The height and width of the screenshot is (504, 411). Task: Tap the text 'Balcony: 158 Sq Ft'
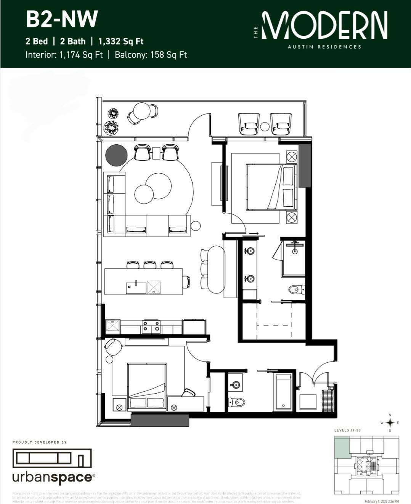[x=151, y=55]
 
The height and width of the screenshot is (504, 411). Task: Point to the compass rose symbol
[x=390, y=423]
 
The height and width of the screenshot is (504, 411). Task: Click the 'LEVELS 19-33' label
[x=347, y=430]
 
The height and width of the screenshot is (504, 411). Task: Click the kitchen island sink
[x=136, y=288]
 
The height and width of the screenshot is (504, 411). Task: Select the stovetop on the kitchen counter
[x=151, y=327]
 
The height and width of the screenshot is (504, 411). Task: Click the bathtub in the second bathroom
[x=283, y=392]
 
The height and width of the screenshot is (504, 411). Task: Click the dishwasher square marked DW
[x=154, y=287]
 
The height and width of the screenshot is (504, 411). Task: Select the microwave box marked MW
[x=113, y=327]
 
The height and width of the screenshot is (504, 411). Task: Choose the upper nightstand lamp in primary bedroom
[x=292, y=156]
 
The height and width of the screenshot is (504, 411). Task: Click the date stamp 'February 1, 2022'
[x=382, y=501]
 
